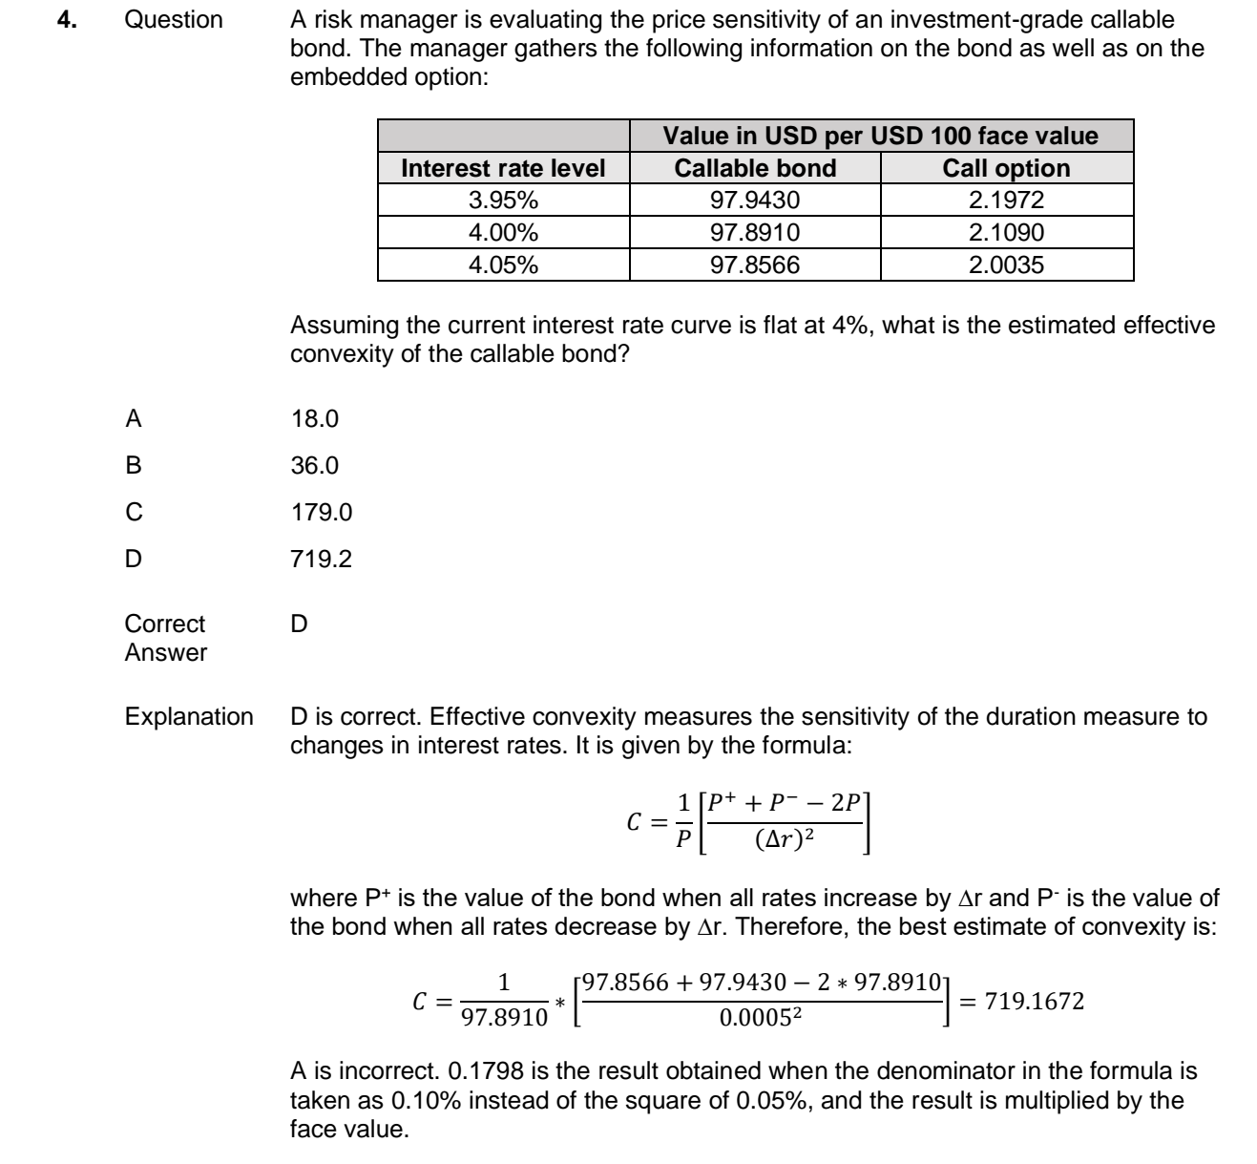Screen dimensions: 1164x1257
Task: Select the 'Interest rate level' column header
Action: tap(503, 168)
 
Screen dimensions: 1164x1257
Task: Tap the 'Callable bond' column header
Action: tap(755, 168)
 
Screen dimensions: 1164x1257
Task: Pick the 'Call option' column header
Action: tap(1006, 168)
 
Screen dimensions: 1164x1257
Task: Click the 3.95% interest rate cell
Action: tap(503, 201)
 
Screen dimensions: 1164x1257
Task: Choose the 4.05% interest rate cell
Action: tap(503, 265)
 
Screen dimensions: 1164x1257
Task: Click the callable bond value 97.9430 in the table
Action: tap(755, 201)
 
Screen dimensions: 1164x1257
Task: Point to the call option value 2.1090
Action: tap(1006, 232)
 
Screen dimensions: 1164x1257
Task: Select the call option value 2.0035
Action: tap(1006, 265)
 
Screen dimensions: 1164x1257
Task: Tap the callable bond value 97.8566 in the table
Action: tap(755, 265)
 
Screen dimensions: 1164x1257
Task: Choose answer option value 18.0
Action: tap(314, 418)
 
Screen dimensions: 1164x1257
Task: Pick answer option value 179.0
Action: tap(321, 512)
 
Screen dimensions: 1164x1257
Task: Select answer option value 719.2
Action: tap(321, 559)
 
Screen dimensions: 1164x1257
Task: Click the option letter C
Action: tap(134, 512)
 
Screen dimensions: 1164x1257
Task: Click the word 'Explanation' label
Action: tap(189, 717)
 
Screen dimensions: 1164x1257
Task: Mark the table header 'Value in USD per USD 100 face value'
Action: tap(880, 136)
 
